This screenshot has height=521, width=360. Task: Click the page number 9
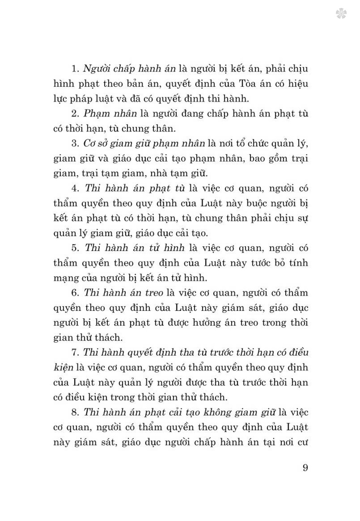coord(305,468)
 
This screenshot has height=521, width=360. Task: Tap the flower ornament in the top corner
coord(341,14)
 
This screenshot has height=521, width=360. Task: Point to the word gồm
coord(278,158)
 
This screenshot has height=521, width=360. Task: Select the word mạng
coord(66,278)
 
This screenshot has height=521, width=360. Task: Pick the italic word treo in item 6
coord(154,293)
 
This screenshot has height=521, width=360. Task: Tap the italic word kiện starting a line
coord(63,368)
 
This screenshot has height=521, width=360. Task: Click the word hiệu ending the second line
coord(297,84)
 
